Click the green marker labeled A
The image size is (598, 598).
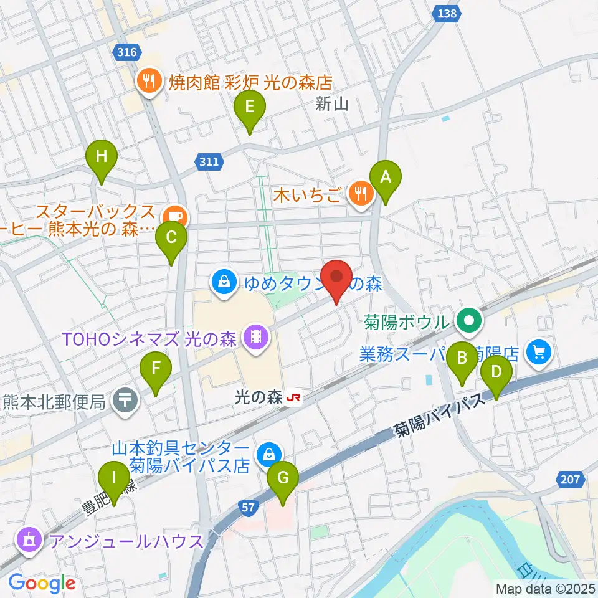(x=386, y=178)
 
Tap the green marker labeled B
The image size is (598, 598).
(x=462, y=359)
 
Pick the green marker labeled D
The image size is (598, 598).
(x=496, y=373)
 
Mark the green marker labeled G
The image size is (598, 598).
(x=283, y=480)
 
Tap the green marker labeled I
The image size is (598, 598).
(x=113, y=480)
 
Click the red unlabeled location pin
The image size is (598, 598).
(x=336, y=277)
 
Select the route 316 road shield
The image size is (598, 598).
(x=126, y=54)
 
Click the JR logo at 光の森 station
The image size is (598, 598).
(x=294, y=397)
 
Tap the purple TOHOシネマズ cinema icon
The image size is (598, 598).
(x=255, y=337)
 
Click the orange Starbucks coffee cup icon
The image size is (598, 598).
(x=176, y=216)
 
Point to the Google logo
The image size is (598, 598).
(x=42, y=583)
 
